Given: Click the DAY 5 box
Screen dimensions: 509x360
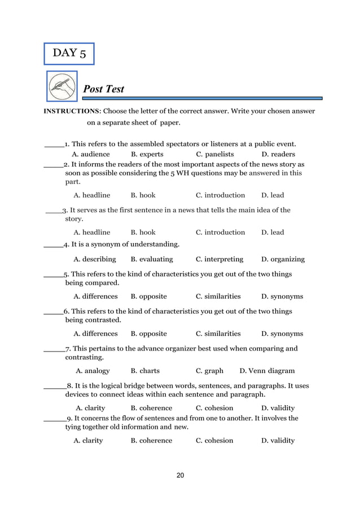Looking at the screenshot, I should click(69, 54).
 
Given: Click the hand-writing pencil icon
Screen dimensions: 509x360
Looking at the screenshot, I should click(61, 87).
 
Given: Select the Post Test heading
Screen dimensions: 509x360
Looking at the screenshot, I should click(104, 89).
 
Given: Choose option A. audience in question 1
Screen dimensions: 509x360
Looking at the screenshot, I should click(91, 154).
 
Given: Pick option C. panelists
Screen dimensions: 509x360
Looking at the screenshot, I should click(214, 154).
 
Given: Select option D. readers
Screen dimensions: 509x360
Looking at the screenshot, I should click(278, 154).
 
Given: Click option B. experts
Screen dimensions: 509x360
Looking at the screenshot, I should click(147, 154).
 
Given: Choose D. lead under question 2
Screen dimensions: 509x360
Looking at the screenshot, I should click(273, 195).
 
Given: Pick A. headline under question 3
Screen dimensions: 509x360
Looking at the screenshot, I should click(92, 232).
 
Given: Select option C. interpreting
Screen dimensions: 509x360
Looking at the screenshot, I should click(219, 260).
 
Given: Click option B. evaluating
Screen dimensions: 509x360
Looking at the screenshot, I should click(152, 260).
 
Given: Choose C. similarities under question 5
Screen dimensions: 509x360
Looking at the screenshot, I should click(218, 296).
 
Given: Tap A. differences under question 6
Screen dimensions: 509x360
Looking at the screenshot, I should click(95, 334).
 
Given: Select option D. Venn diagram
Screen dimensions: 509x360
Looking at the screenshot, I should click(267, 371).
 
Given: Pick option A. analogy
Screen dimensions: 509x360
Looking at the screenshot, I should click(93, 371).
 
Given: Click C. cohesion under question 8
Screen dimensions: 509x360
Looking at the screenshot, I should click(214, 408).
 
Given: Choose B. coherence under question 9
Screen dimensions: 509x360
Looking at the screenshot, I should click(151, 441).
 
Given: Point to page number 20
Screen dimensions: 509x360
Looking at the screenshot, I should click(180, 476).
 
